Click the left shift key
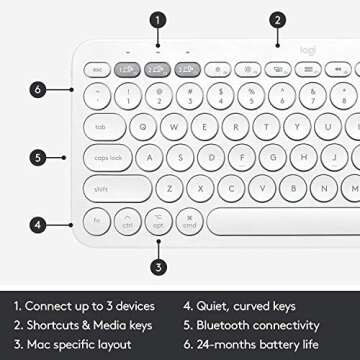(x=104, y=188)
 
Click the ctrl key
(x=127, y=221)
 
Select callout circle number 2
(x=277, y=19)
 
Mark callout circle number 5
(x=37, y=157)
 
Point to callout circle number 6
(x=37, y=89)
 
